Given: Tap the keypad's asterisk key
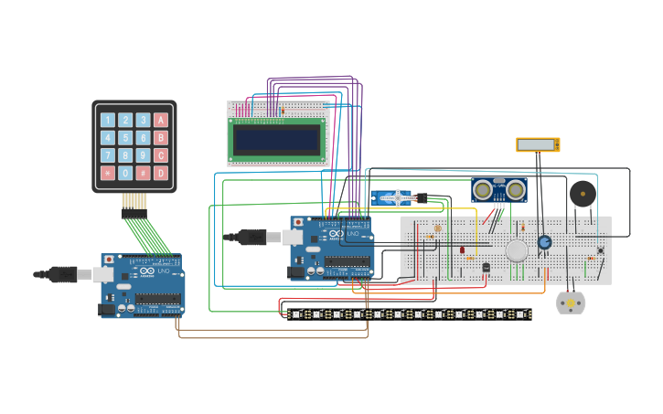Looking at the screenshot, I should click(x=107, y=173).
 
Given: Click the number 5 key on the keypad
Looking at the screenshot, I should click(x=125, y=138).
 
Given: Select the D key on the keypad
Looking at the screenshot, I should click(x=161, y=173).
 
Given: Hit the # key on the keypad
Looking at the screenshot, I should click(x=143, y=173).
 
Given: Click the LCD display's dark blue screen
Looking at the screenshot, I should click(x=277, y=139).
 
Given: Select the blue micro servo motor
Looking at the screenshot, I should click(x=390, y=197).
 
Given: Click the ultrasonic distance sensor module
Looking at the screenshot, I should click(x=498, y=189).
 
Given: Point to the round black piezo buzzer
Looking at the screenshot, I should click(x=582, y=194).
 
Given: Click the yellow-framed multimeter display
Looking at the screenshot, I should click(x=538, y=144).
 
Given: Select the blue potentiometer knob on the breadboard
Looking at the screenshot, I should click(x=544, y=242).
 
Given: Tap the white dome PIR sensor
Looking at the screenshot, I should click(x=517, y=250).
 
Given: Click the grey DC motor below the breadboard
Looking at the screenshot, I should click(x=571, y=303).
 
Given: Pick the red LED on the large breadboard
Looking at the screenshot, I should click(x=462, y=249).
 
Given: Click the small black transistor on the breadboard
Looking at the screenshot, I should click(x=486, y=267).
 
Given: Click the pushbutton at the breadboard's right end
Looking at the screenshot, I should click(x=600, y=250).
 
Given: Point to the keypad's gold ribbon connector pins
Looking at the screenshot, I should click(x=134, y=200).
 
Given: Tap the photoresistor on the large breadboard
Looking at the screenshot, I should click(x=437, y=228).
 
